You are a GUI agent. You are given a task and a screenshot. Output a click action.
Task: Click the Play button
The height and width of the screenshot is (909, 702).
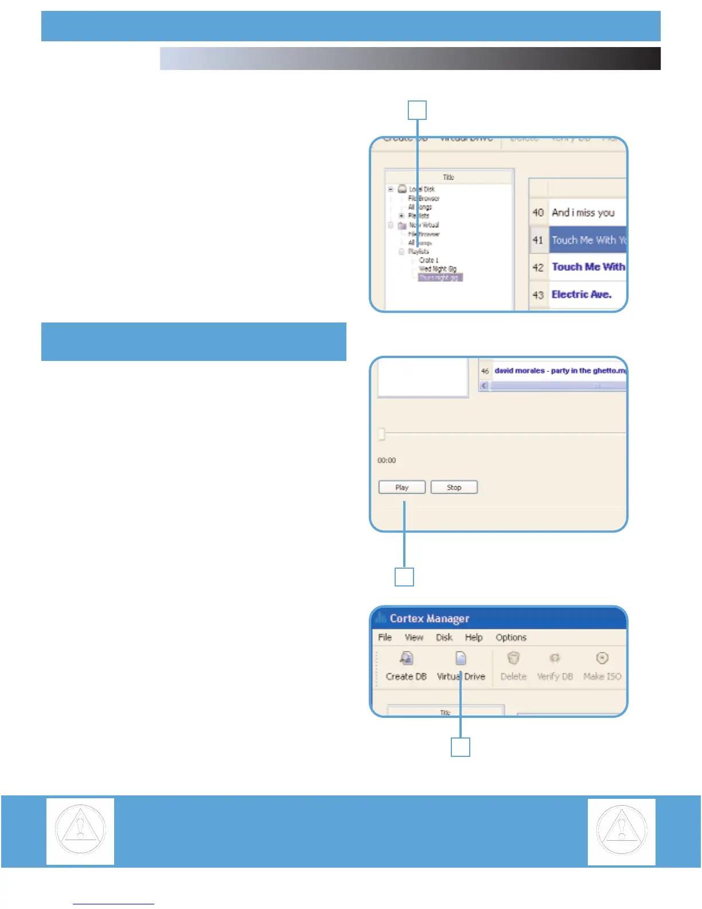click(401, 487)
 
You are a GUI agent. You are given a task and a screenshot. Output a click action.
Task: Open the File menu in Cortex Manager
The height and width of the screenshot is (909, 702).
click(385, 638)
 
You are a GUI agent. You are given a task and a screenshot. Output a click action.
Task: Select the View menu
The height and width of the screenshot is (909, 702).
click(414, 638)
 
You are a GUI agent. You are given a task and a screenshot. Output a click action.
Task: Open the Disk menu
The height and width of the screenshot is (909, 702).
click(444, 638)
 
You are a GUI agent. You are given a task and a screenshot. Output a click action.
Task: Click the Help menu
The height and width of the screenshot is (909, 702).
click(473, 638)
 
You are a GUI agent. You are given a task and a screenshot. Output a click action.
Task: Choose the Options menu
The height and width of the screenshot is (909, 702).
click(510, 638)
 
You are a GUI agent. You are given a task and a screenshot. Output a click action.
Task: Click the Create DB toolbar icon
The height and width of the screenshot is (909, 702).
click(407, 658)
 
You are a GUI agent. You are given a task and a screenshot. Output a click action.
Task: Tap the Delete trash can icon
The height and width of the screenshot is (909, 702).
click(513, 658)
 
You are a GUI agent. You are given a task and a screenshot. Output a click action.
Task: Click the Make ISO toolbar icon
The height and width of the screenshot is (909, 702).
click(602, 658)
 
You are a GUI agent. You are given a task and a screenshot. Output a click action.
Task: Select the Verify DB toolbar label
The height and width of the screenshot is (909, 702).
click(555, 677)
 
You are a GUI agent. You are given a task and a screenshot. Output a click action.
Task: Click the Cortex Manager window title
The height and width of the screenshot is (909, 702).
click(429, 619)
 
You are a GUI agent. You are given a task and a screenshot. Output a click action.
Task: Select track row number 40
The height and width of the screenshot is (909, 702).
click(538, 213)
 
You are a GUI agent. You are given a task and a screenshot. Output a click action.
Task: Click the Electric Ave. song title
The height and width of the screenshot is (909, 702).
click(581, 294)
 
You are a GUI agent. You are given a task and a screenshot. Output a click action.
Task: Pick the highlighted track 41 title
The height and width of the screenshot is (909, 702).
click(588, 240)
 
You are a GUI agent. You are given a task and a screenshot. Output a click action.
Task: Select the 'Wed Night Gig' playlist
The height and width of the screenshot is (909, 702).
click(437, 269)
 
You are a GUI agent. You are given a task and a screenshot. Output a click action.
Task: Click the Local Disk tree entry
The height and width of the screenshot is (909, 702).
click(422, 189)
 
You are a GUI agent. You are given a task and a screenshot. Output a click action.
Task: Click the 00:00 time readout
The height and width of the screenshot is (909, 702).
click(387, 460)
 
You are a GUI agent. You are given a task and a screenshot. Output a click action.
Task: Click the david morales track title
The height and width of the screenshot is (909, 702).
click(559, 371)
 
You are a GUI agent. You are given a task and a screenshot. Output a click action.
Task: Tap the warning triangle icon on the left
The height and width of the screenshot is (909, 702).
click(80, 831)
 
